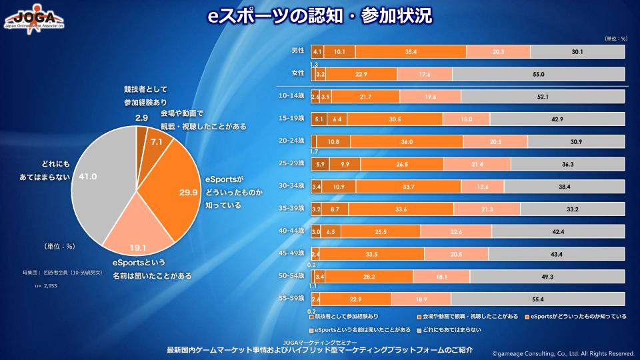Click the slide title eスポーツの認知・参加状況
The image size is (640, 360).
coord(319,15)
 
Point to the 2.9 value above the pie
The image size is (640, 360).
coord(141,118)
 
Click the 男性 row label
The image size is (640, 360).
coord(297,51)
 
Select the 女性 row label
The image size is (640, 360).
coord(297,73)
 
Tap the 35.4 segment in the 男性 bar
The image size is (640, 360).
coord(411,52)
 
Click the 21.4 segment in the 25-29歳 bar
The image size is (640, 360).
coord(477,164)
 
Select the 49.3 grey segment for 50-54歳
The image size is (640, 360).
coord(548,277)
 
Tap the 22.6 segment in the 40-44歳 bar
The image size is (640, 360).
coord(456,232)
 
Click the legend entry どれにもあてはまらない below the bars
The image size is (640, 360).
coord(450,329)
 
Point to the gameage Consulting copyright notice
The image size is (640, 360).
coord(563,353)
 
